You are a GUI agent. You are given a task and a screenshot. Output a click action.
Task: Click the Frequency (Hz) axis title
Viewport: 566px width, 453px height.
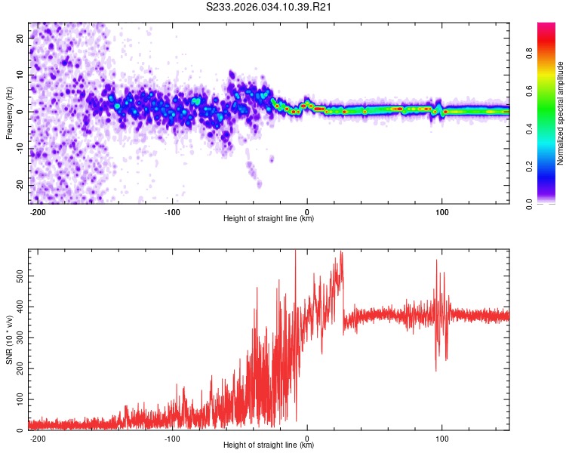pos(9,112)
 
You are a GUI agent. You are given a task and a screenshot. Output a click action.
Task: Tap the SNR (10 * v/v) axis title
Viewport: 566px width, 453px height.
pos(9,341)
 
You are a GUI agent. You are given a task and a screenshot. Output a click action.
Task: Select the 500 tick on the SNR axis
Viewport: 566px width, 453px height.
pos(19,276)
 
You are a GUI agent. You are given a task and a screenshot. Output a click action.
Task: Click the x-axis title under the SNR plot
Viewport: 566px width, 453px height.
pos(269,445)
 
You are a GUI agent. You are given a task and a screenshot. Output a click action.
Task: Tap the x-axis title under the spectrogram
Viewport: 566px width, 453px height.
pos(269,219)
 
